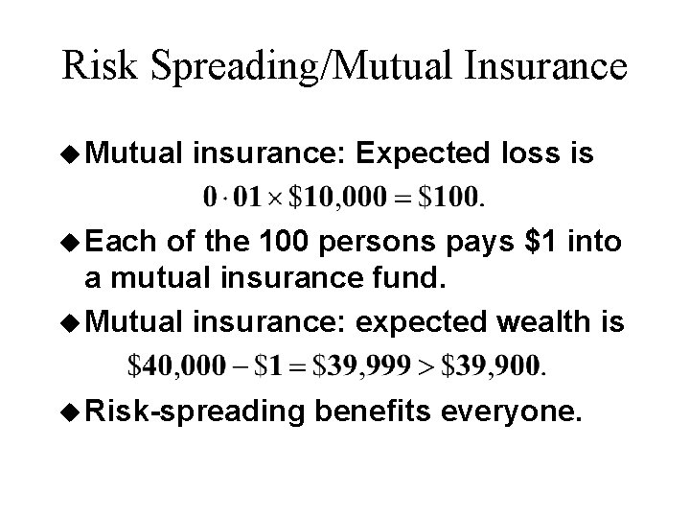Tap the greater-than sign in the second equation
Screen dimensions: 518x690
point(432,365)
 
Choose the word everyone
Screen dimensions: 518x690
point(521,412)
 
